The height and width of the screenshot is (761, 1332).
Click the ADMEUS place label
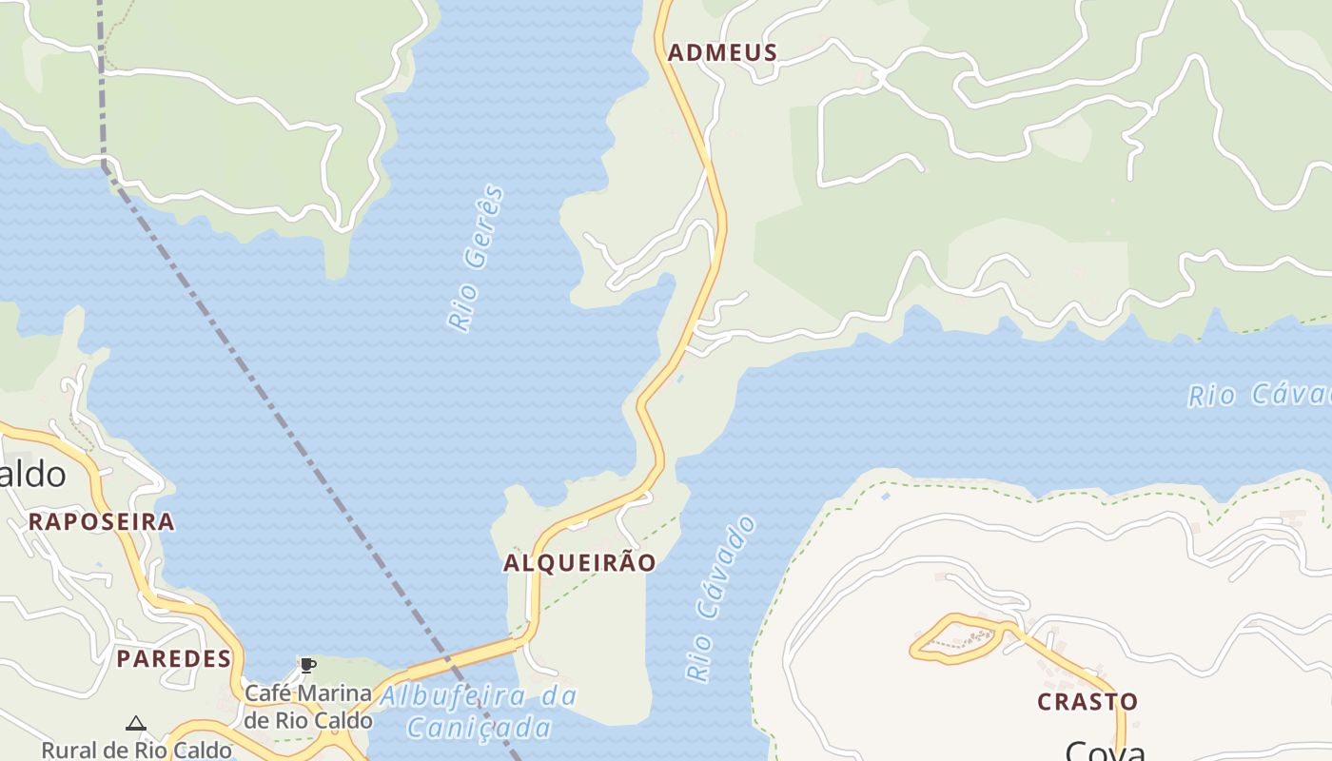722,53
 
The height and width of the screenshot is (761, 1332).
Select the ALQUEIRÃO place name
579,563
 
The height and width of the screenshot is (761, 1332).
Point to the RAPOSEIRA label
101,521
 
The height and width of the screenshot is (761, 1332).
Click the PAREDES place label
174,658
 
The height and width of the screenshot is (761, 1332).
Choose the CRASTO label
1087,702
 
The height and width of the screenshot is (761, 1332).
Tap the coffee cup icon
307,665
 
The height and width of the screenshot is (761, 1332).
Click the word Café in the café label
266,693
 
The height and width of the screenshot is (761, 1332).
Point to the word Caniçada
479,729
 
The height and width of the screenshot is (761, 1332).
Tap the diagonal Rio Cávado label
720,599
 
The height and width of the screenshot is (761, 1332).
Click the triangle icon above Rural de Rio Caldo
136,724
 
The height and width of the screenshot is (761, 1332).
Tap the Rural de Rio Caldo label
136,750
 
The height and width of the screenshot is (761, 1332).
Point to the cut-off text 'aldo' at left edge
32,474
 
